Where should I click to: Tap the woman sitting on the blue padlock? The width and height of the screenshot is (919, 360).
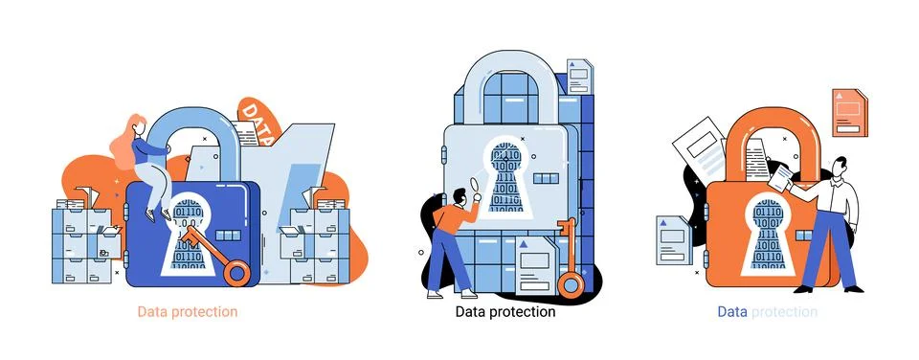click(x=144, y=163)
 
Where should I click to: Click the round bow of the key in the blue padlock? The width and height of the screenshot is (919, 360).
click(x=235, y=272)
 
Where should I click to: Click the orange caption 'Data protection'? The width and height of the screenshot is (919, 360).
click(x=188, y=312)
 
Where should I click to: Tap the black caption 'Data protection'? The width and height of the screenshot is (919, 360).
click(x=505, y=312)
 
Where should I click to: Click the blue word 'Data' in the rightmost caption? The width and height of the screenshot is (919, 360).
click(x=732, y=312)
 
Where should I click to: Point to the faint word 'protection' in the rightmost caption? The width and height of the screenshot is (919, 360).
click(x=785, y=312)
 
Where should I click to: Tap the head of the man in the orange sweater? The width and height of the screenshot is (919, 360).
click(x=459, y=197)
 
